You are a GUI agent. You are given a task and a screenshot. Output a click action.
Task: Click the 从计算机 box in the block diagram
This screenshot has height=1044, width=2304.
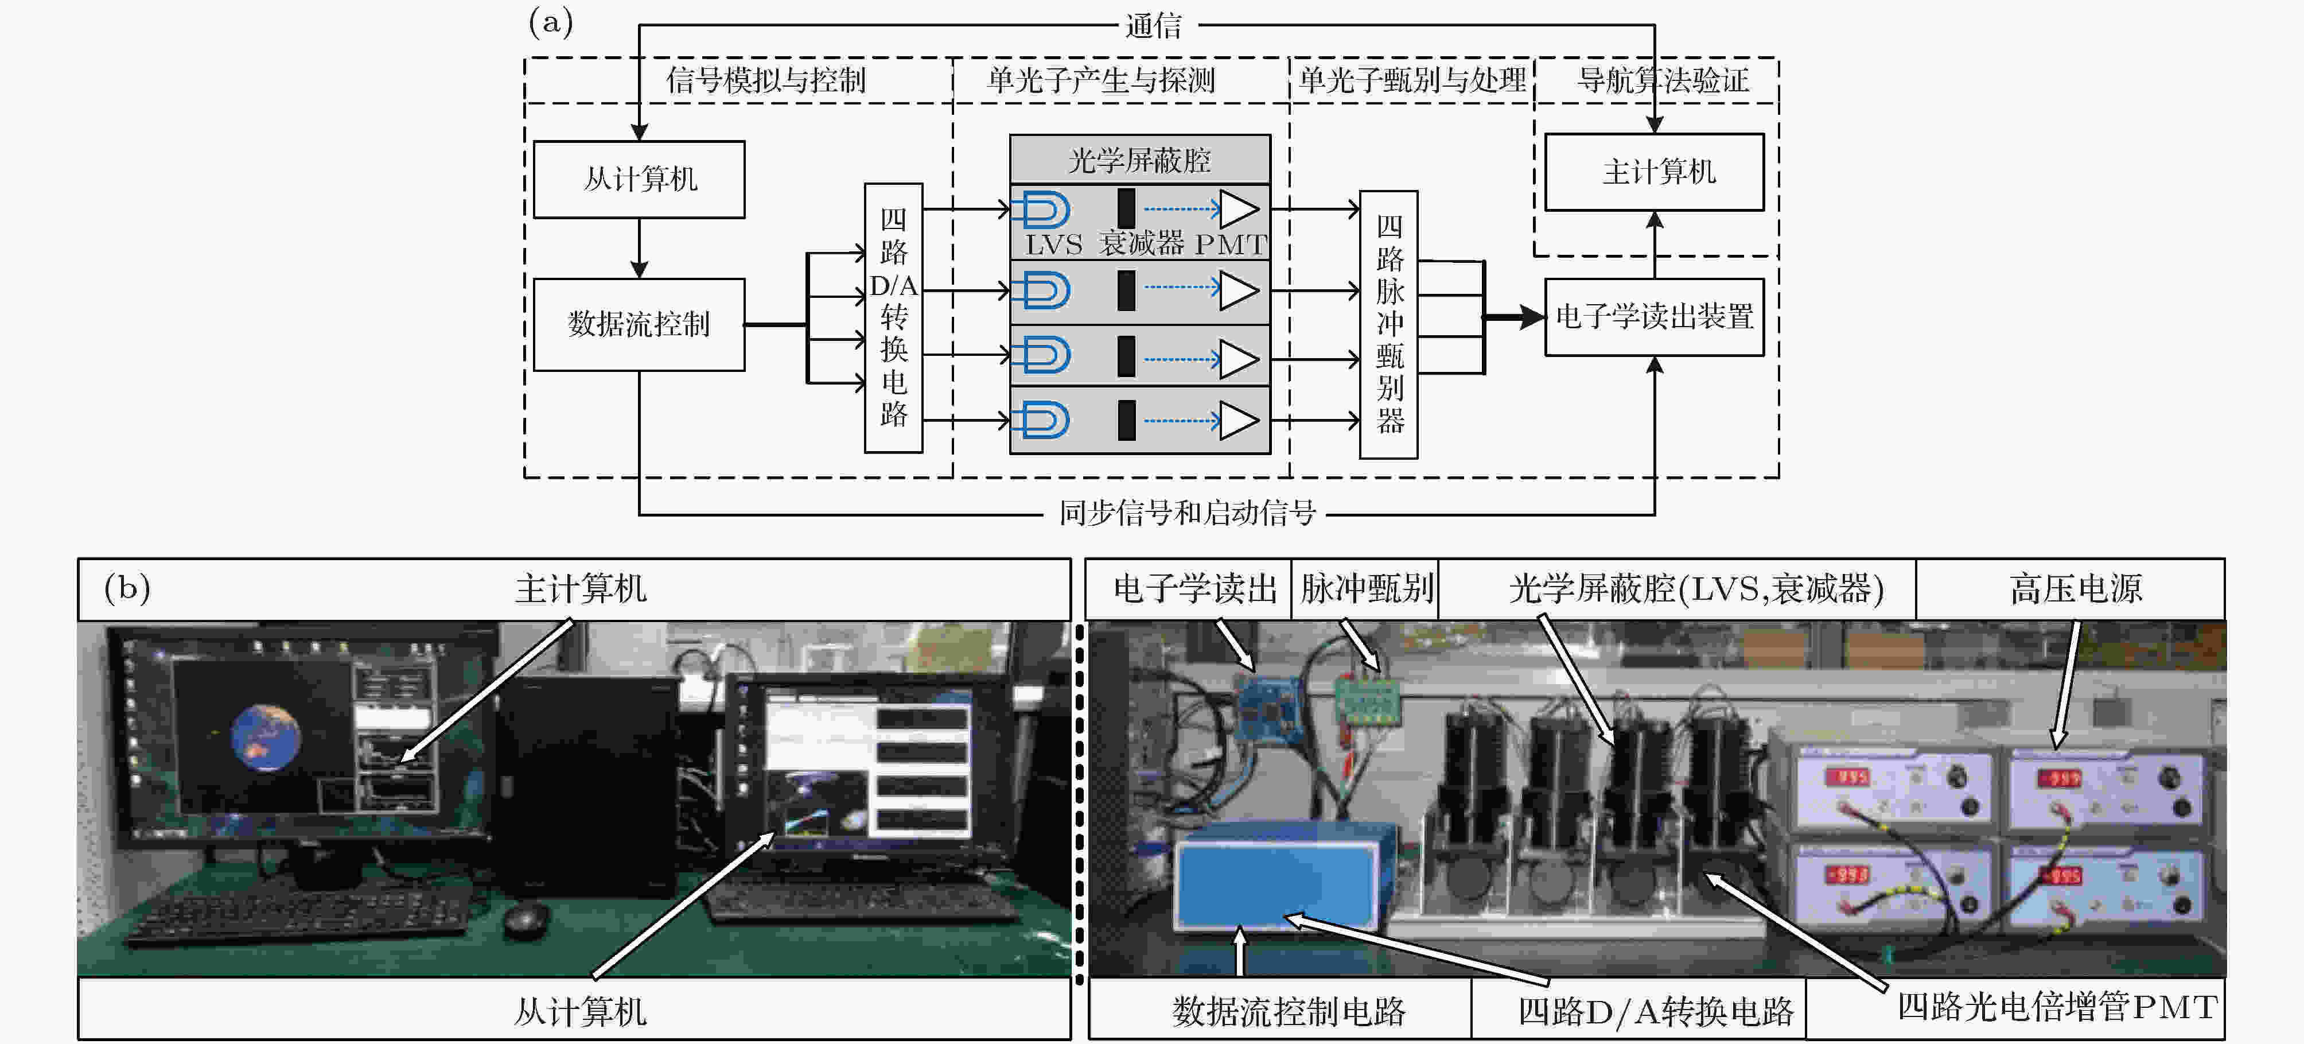point(639,179)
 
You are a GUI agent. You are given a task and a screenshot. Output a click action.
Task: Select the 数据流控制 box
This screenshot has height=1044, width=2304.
point(639,324)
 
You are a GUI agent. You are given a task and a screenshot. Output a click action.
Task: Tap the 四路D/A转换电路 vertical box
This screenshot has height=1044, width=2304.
point(893,317)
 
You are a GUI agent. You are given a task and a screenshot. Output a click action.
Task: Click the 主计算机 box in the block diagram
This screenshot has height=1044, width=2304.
point(1655,172)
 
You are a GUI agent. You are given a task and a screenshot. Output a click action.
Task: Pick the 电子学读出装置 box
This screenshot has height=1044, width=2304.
point(1655,317)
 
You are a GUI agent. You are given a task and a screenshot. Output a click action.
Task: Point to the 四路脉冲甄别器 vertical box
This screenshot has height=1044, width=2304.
point(1389,324)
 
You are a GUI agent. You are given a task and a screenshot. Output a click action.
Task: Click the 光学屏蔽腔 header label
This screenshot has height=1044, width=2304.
point(1139,160)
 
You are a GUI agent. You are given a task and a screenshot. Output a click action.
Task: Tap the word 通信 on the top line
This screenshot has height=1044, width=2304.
point(1154,26)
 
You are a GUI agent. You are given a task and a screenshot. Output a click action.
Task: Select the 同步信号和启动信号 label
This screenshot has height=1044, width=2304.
point(1187,514)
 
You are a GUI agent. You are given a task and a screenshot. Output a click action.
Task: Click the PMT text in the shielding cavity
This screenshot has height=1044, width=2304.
point(1231,243)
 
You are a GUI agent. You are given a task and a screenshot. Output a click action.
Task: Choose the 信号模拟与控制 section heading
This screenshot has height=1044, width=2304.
point(766,80)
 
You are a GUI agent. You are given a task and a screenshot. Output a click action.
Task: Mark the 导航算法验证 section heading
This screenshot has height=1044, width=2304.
point(1663,80)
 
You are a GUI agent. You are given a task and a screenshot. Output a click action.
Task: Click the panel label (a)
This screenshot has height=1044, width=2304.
point(551,21)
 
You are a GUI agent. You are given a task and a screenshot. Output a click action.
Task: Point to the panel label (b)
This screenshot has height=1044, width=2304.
point(127,588)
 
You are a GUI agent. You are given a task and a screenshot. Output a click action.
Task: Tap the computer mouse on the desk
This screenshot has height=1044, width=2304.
point(527,919)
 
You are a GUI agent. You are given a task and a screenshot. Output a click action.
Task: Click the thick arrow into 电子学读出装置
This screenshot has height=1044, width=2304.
point(1513,317)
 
